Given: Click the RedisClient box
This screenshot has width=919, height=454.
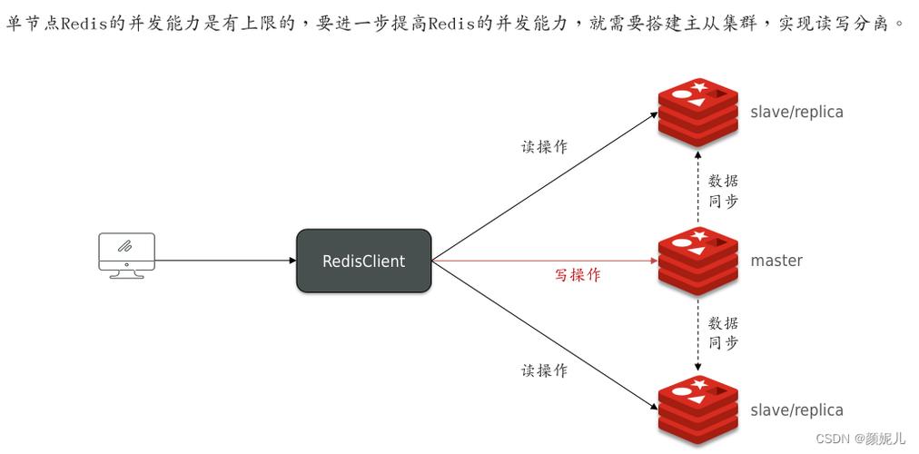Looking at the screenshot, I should (363, 261).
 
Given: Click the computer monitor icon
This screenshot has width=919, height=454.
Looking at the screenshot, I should (126, 254).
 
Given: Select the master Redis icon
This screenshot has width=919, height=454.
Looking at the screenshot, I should (697, 260).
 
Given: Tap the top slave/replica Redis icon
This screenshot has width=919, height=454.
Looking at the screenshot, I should (697, 113).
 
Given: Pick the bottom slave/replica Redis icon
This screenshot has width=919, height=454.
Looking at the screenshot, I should (697, 410).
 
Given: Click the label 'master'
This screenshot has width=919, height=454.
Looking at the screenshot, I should (776, 261).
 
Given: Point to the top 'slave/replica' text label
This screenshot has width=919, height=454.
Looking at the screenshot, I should (796, 113).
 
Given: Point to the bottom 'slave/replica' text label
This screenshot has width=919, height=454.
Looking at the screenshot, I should (796, 410).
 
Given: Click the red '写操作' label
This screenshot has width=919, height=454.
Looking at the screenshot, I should (578, 275).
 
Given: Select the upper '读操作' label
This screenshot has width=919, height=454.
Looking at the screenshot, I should (544, 147).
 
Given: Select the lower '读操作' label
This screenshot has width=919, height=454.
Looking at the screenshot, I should (544, 370).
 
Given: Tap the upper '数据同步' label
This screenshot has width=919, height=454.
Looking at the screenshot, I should (723, 191).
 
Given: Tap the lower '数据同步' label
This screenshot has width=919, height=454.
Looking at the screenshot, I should (723, 332).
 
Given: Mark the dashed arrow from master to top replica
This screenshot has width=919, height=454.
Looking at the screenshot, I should (697, 186).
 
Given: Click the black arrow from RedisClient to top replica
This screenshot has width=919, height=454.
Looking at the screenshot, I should (545, 187).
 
